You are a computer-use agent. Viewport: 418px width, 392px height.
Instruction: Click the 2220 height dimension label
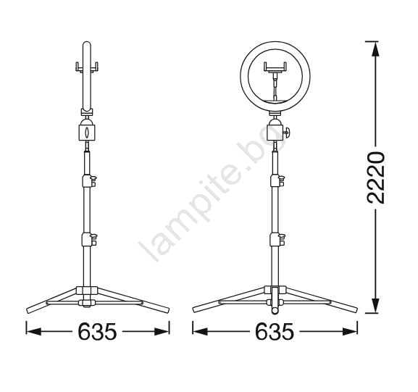[376, 178]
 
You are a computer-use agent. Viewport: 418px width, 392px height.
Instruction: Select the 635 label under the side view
[97, 332]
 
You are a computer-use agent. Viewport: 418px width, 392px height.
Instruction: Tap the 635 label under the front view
[275, 332]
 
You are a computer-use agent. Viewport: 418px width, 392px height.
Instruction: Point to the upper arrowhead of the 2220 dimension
[375, 49]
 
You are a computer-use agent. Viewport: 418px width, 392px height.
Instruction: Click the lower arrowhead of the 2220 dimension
[375, 305]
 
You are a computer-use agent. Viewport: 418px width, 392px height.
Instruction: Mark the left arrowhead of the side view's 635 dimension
[33, 332]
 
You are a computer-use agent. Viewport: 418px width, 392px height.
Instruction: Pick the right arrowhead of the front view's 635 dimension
[350, 332]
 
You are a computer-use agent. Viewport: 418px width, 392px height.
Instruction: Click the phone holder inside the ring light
[275, 67]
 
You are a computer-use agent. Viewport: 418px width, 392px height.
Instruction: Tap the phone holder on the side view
[87, 67]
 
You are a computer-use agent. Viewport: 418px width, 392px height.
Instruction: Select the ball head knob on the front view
[286, 133]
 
